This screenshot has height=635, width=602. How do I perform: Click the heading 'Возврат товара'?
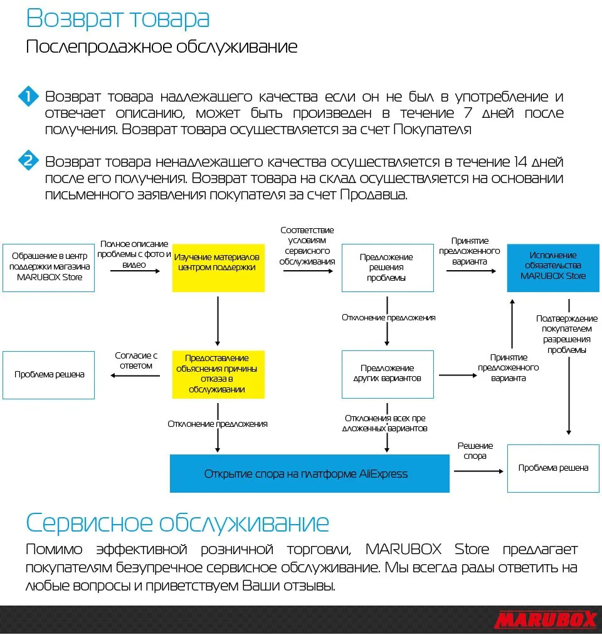(x=118, y=18)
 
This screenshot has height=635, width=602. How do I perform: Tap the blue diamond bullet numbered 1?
(x=28, y=97)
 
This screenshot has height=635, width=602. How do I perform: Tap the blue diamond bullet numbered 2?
(x=28, y=161)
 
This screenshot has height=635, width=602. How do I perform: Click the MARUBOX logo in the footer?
(x=545, y=620)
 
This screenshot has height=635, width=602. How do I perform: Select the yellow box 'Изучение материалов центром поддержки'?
(x=218, y=268)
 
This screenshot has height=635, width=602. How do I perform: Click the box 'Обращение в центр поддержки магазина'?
(x=48, y=268)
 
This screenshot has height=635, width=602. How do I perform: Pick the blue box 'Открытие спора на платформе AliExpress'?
(x=310, y=473)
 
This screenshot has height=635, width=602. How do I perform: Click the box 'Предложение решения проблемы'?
(x=387, y=268)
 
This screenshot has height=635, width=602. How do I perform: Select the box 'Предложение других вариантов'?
(x=387, y=374)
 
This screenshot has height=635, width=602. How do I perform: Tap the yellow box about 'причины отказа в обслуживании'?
(x=218, y=374)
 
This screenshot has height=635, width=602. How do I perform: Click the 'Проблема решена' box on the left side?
(x=48, y=374)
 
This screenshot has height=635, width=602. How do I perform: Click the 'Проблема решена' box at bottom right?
(x=553, y=468)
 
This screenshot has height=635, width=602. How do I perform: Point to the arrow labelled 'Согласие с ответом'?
(x=135, y=375)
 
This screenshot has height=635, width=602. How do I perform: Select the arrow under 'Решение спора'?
(x=478, y=471)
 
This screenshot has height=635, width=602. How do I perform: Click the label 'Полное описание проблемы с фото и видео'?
(x=134, y=255)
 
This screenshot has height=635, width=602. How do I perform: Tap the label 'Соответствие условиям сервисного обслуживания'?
(x=307, y=246)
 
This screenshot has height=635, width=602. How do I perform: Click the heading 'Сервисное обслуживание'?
(x=177, y=522)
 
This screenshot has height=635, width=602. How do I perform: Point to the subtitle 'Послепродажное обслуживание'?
(x=162, y=47)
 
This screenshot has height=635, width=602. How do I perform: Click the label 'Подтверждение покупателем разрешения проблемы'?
(x=566, y=334)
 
